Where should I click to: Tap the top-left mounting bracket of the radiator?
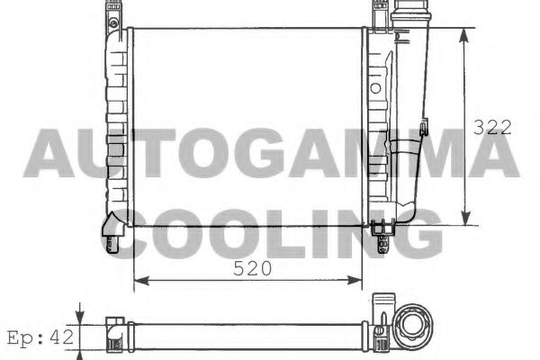pos(113,14)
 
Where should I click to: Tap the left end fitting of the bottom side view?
pos(114,330)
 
